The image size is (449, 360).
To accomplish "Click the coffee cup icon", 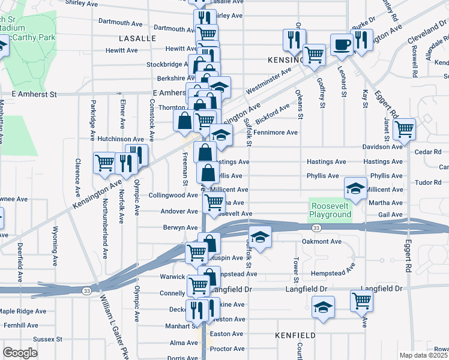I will coord(342,44).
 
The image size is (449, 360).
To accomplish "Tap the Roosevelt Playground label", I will coord(331,211).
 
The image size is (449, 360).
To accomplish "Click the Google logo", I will coord(20,353).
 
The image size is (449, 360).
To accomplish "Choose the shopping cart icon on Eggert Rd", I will coord(405,128).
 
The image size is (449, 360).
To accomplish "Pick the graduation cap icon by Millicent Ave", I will coord(355,188).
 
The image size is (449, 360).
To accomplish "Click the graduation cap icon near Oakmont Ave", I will coord(260,238).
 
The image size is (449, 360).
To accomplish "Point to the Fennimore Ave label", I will coord(276,133).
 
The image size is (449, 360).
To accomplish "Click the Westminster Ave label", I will coord(268,79).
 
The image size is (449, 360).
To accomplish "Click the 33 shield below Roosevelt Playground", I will coord(316,227).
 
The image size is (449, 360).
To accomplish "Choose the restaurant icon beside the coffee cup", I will coord(360,40).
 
